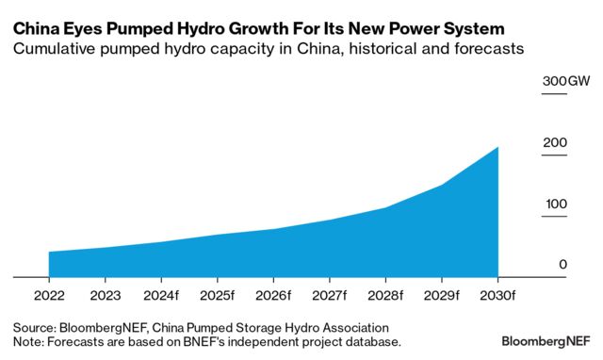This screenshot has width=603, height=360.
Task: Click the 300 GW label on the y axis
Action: point(565,82)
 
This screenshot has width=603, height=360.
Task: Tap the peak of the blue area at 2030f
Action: point(497,147)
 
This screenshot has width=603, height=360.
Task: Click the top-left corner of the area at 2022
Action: point(49,252)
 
